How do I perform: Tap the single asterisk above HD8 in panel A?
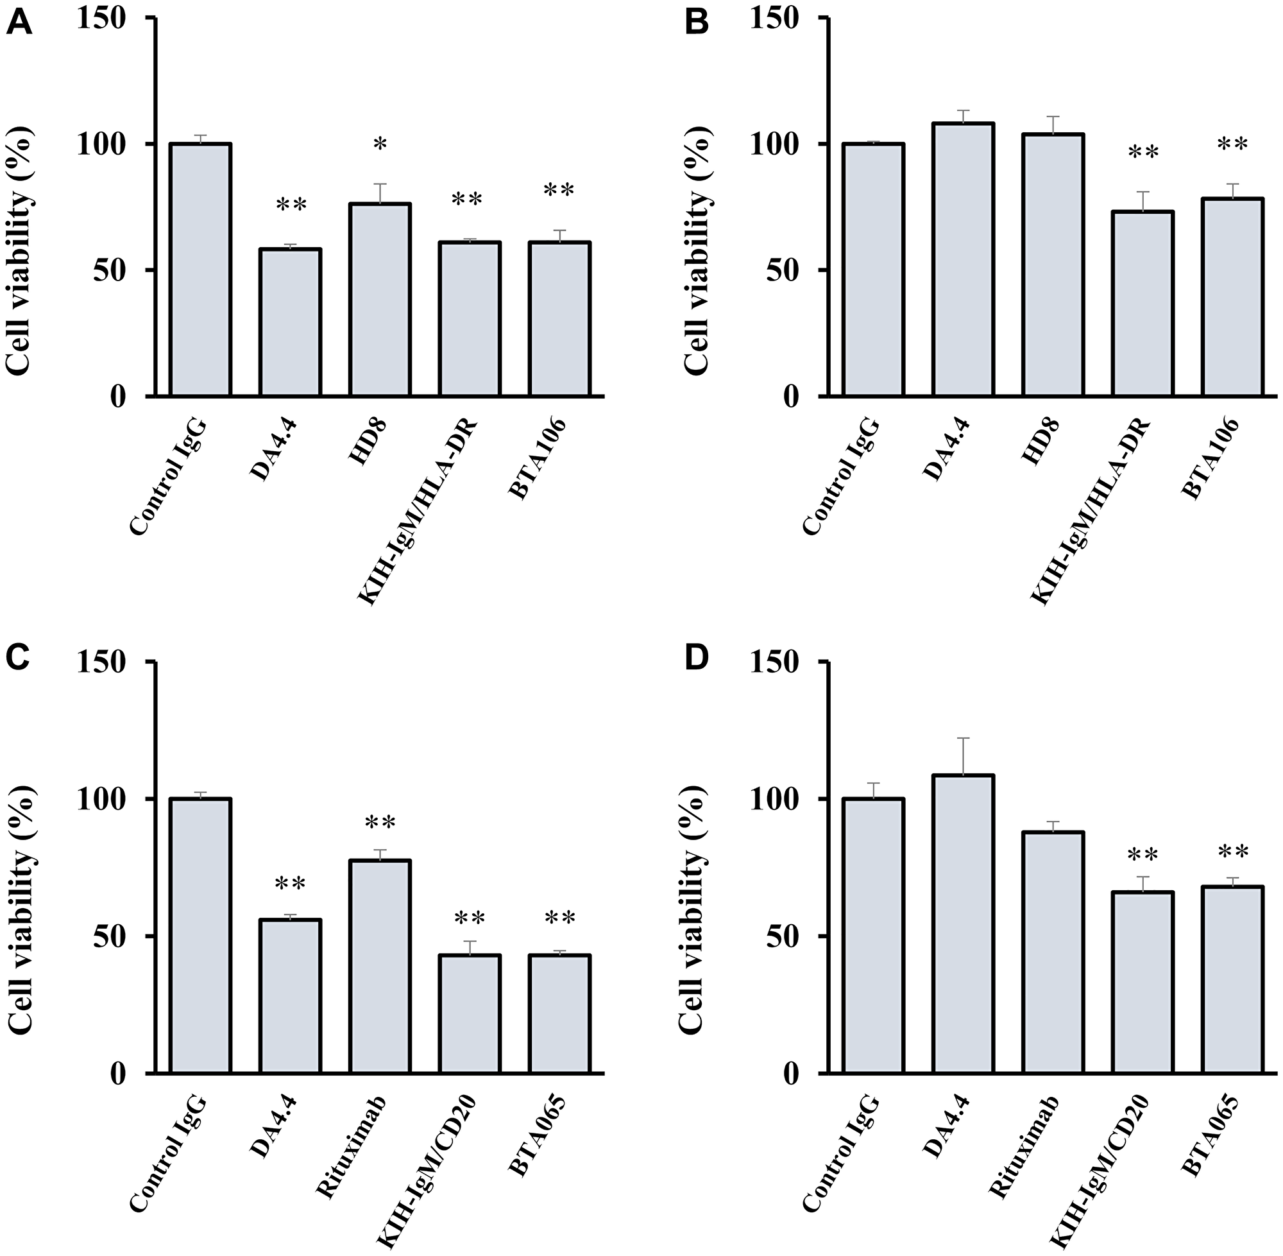tap(380, 144)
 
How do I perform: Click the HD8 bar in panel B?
tap(1053, 264)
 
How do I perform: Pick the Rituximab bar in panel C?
tap(380, 967)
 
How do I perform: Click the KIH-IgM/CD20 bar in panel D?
tap(1143, 983)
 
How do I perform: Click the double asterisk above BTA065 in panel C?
tap(560, 918)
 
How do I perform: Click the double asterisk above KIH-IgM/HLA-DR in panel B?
tap(1143, 153)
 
